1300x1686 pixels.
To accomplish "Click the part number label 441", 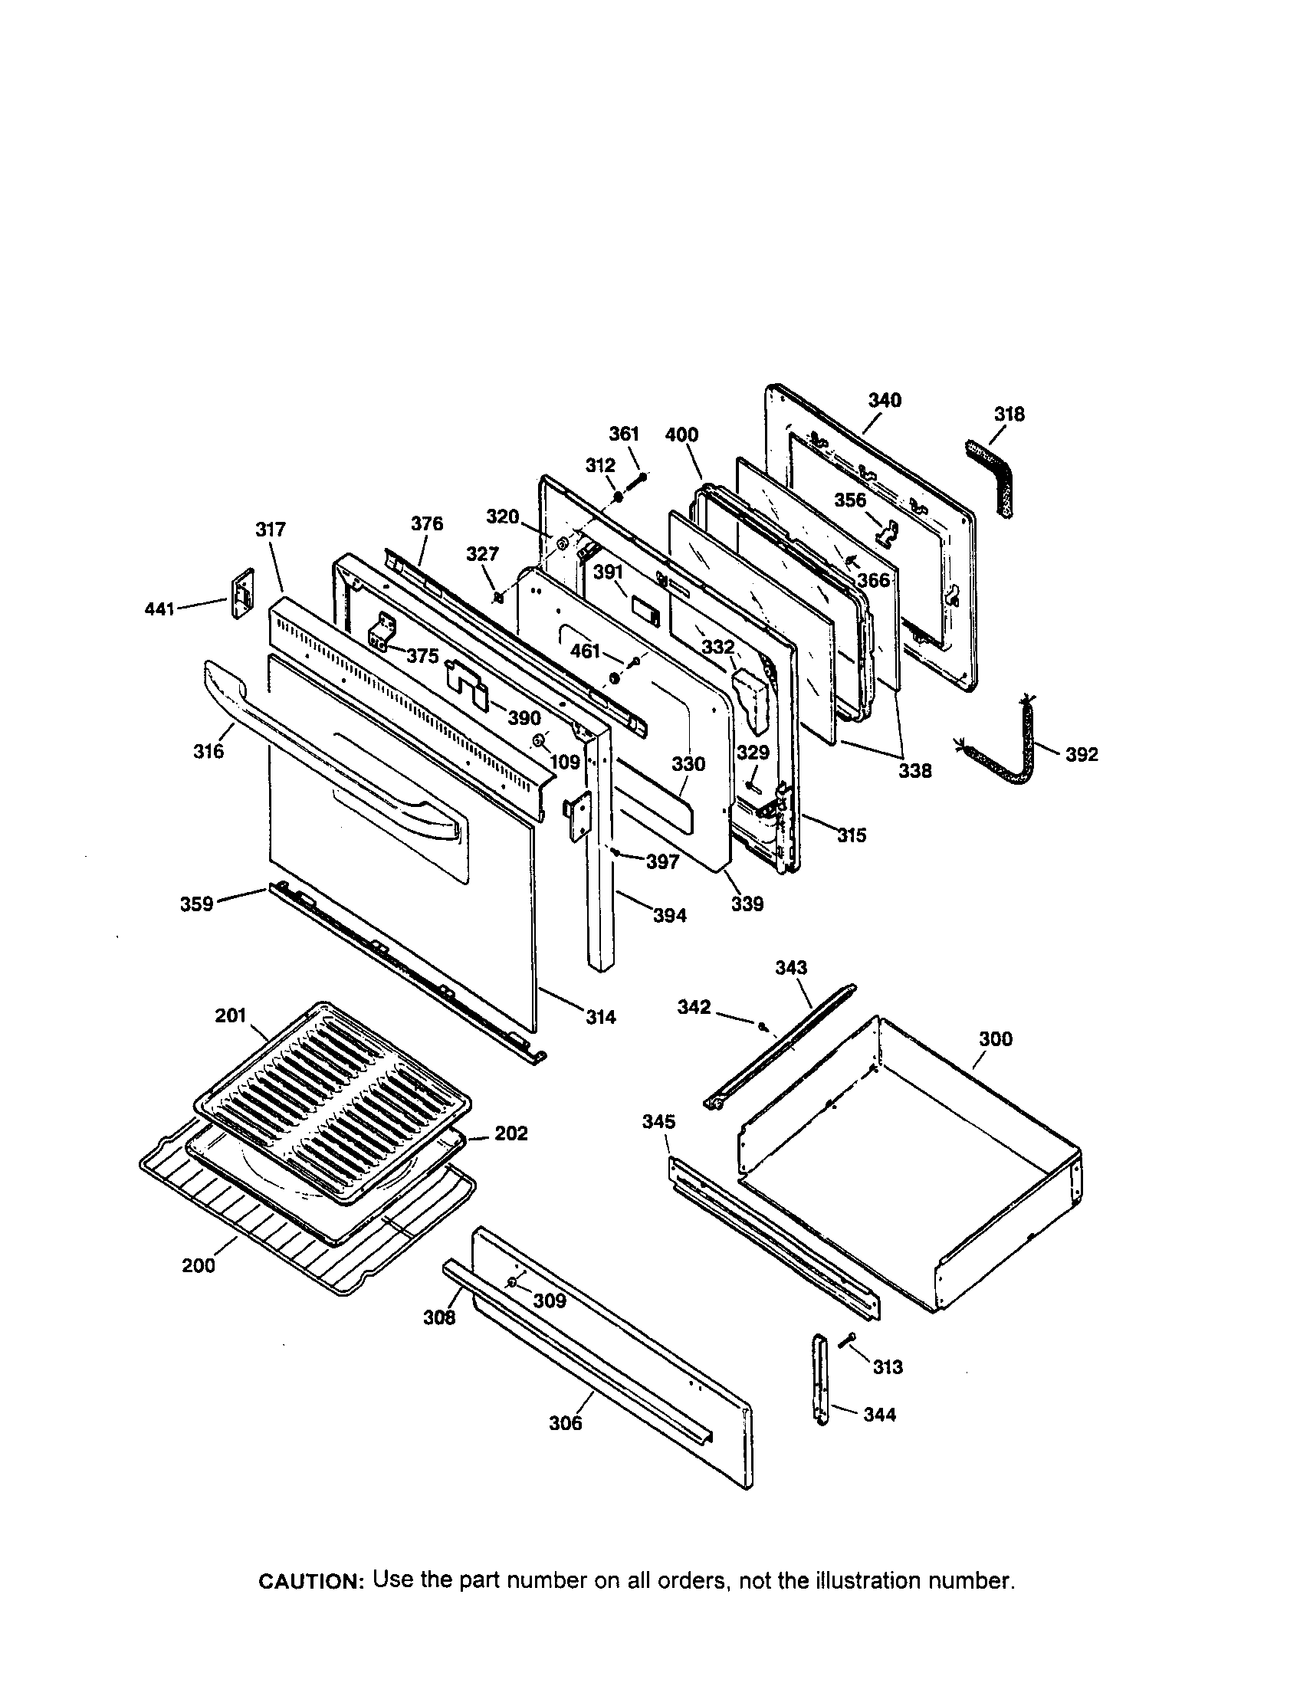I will (159, 609).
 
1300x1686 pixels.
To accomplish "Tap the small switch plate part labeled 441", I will (242, 593).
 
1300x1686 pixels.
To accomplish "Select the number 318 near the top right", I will (1009, 415).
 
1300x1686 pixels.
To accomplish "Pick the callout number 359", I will (196, 904).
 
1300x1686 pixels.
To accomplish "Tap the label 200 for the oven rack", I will (199, 1265).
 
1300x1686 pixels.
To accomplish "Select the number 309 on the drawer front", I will (550, 1301).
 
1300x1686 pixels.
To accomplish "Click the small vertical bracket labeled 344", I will (821, 1380).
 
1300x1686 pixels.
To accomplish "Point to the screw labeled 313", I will (850, 1340).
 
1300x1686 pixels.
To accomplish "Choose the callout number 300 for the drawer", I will (995, 1039).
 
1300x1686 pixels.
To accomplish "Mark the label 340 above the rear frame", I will (885, 400).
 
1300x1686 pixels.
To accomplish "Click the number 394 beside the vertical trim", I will (669, 916).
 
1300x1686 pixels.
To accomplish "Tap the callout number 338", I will (914, 770).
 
